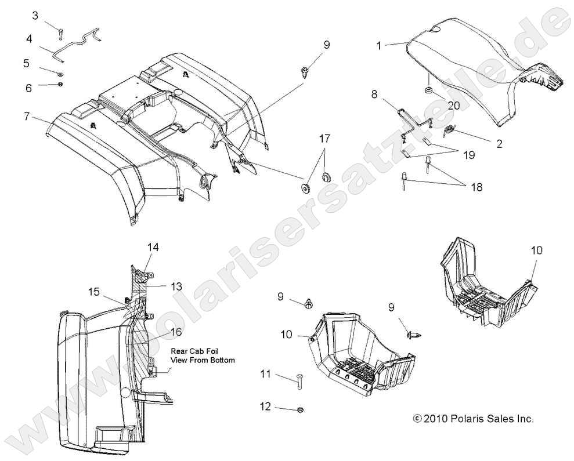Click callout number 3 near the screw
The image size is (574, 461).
[x=35, y=16]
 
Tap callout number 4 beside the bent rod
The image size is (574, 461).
[x=28, y=39]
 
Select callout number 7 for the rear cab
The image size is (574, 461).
[x=26, y=116]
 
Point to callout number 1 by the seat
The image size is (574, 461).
[x=379, y=46]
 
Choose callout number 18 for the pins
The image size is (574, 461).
[x=476, y=187]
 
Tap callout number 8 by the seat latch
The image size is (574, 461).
[x=374, y=93]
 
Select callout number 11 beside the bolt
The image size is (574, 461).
[x=265, y=375]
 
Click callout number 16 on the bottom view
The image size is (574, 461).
[x=176, y=332]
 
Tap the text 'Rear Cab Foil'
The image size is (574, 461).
[x=194, y=351]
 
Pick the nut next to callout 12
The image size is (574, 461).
[x=300, y=410]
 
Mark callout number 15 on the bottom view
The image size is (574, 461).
[x=94, y=292]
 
